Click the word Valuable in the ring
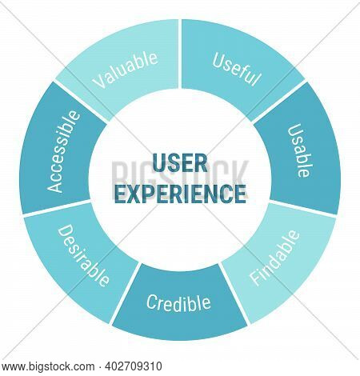pos(125,70)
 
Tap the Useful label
pos(236,70)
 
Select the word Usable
pos(299,150)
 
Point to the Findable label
pos(274,258)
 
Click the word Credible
pos(178,303)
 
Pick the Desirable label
pos(83,255)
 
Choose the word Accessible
pos(63,151)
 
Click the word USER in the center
pos(180,163)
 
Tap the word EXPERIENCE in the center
pos(180,194)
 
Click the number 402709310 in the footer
pos(134,366)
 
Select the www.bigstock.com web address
pos(48,366)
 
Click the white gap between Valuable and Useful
pos(180,54)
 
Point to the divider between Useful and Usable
pos(278,102)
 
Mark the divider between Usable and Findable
pos(303,208)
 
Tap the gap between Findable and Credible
pos(234,294)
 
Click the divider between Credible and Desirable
pos(125,294)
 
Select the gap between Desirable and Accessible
pos(57,209)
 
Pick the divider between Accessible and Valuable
pos(82,102)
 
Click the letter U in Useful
pos(218,60)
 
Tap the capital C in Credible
pos(151,302)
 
